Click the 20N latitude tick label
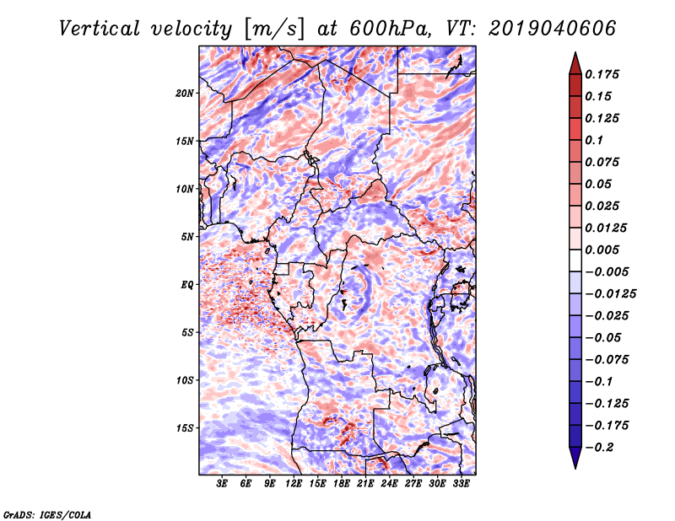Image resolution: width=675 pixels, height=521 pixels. (185, 94)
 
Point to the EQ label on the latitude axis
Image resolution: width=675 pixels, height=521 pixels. (187, 285)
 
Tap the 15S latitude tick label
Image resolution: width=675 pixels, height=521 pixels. (185, 428)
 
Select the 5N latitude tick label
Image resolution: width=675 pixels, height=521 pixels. (187, 237)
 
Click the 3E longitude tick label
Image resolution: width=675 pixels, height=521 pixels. (222, 484)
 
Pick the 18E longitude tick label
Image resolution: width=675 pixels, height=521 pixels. (342, 484)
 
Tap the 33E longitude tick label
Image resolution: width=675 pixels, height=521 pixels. (461, 484)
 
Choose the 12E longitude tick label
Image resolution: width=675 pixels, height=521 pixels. (294, 484)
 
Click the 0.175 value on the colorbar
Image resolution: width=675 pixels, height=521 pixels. (602, 74)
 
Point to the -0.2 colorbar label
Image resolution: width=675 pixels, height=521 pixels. (599, 448)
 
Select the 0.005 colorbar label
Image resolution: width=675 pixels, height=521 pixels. (602, 250)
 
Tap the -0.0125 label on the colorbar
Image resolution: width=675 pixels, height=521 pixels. (610, 294)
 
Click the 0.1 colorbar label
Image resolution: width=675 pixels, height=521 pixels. (594, 140)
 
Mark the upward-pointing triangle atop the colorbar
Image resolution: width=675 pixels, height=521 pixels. (575, 63)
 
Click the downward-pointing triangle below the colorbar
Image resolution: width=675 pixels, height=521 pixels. (575, 458)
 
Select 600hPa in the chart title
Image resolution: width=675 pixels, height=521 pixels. (390, 29)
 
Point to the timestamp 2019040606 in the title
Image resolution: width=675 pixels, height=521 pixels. (553, 29)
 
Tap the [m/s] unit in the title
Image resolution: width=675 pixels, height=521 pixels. (274, 30)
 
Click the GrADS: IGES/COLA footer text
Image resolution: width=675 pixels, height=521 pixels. (47, 514)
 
